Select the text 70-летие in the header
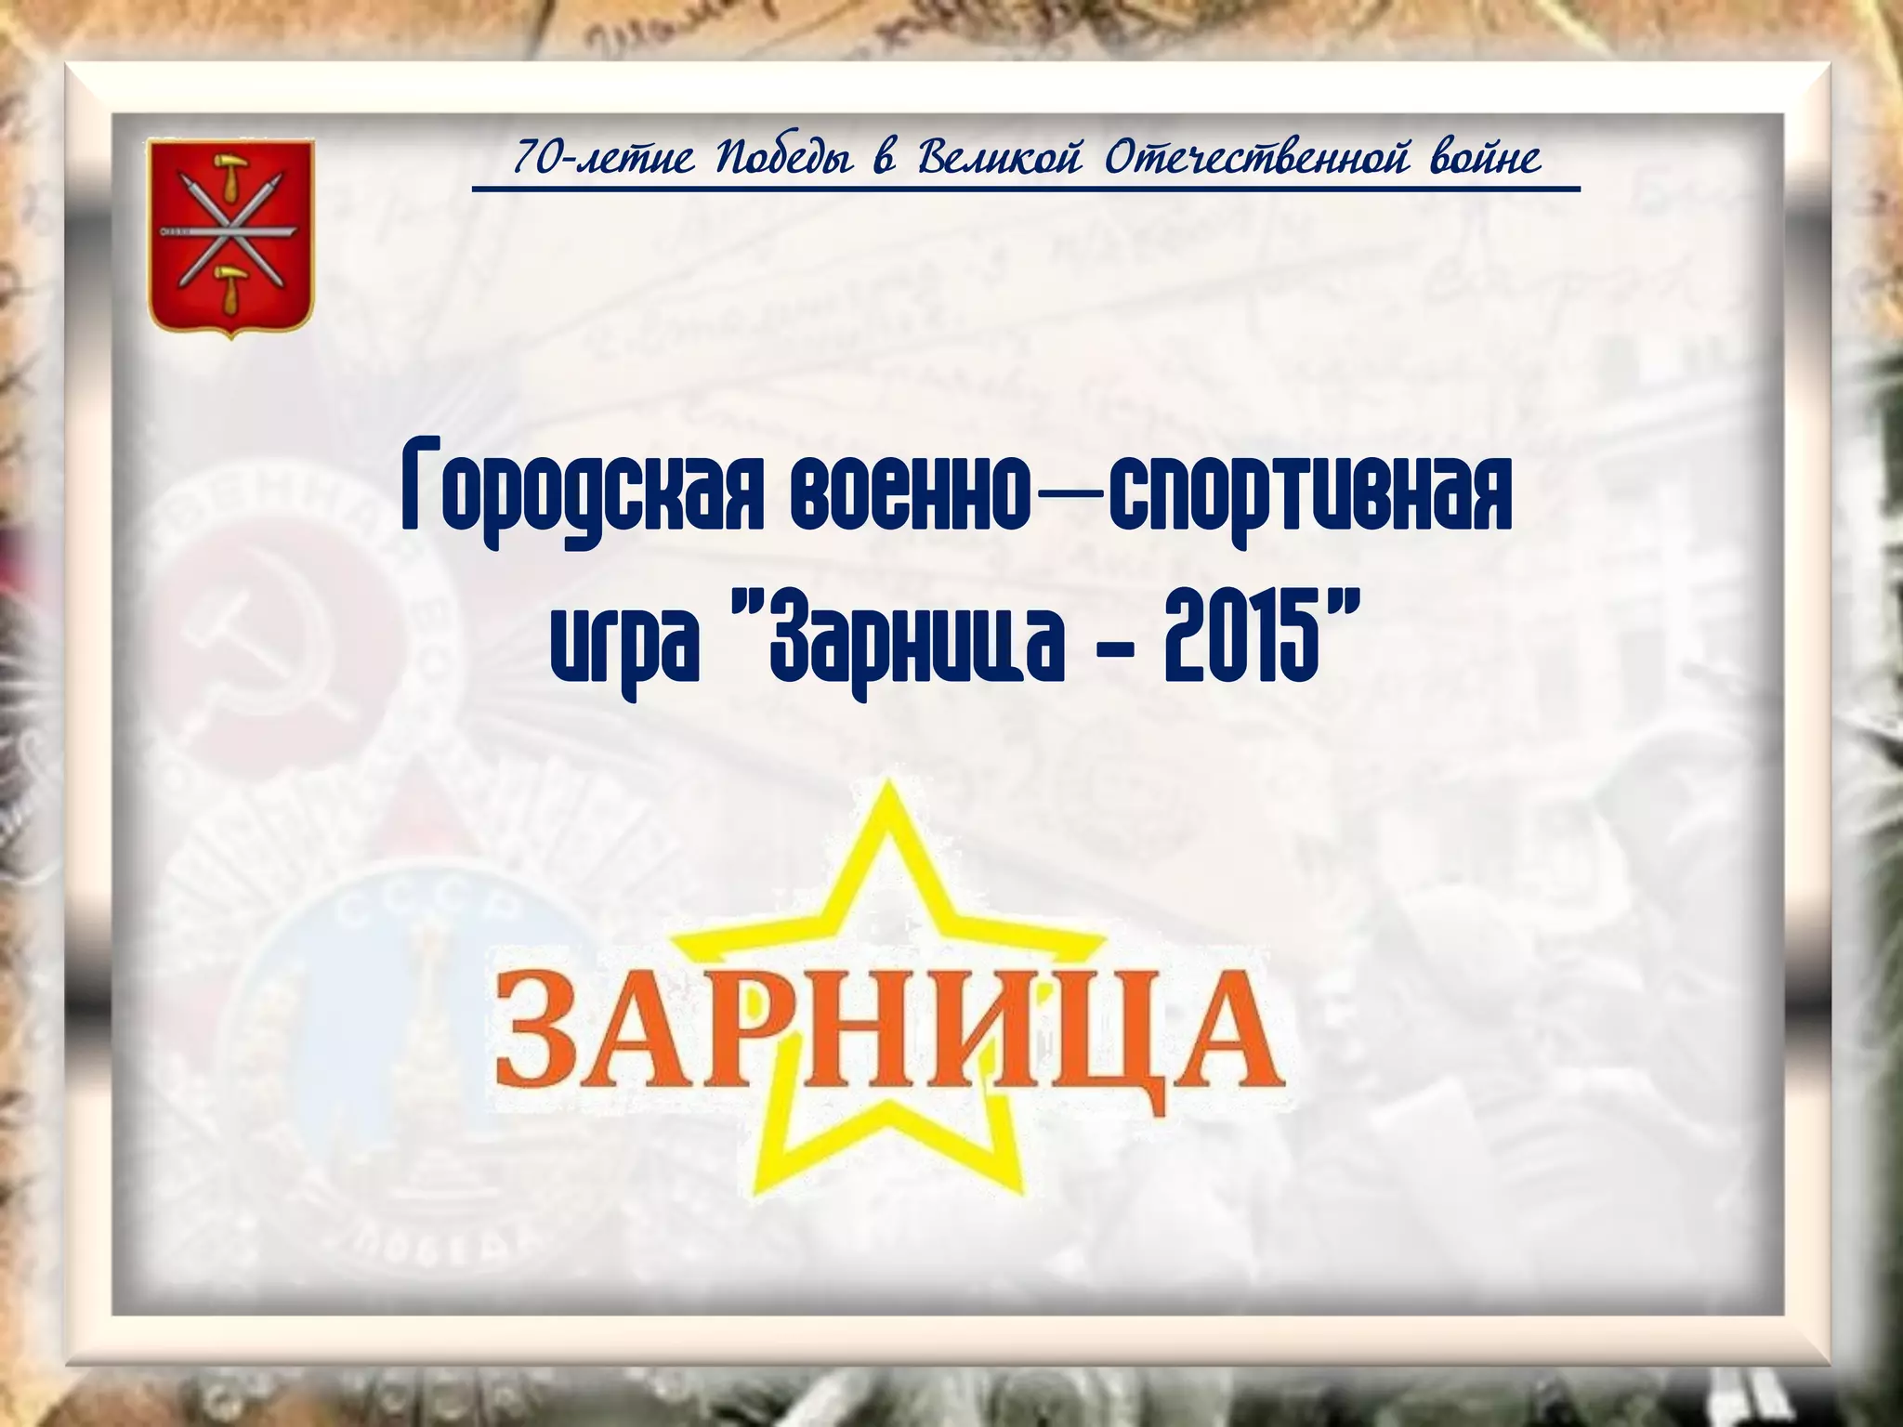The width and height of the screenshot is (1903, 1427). (604, 159)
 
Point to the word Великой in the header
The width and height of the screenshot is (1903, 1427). (1001, 158)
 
